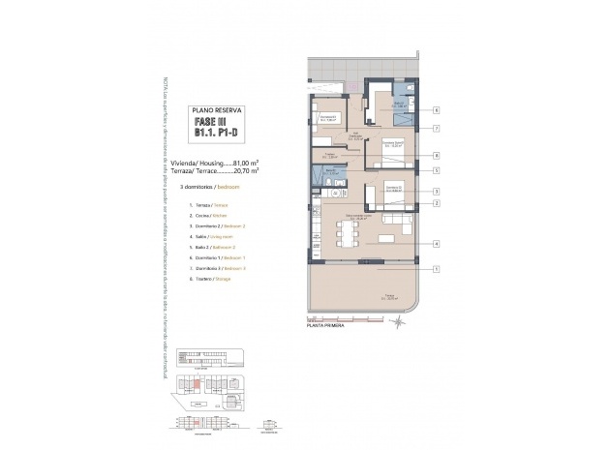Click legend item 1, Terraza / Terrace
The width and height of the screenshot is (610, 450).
[x=206, y=206]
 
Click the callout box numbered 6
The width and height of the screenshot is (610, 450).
[x=437, y=110]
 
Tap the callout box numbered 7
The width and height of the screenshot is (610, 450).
[x=437, y=128]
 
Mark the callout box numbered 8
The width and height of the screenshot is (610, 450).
[x=437, y=155]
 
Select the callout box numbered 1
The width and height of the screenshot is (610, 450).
[x=437, y=269]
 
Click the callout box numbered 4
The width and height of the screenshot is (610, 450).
[x=437, y=244]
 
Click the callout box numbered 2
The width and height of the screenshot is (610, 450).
[x=437, y=203]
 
